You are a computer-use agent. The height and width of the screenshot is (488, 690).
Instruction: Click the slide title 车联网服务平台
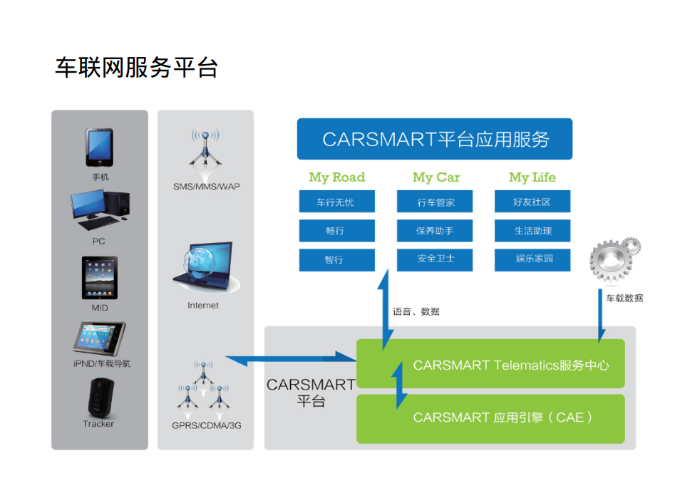click(x=136, y=68)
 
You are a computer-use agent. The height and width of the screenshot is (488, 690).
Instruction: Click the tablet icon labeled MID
click(x=99, y=278)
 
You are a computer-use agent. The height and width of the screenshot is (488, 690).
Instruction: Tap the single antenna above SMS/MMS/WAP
click(x=205, y=153)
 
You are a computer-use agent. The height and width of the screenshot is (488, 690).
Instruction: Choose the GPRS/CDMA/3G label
click(x=207, y=425)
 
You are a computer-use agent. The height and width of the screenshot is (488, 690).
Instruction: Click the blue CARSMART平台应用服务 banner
click(x=435, y=139)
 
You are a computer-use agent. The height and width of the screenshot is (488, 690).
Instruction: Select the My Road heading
click(x=336, y=177)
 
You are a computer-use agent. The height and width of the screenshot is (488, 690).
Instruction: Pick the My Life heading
click(x=532, y=177)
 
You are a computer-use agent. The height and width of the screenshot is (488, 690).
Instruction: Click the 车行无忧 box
click(x=336, y=202)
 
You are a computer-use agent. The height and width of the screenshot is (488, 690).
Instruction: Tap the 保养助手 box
click(x=435, y=231)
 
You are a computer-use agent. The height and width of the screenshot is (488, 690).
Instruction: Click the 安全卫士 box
click(x=435, y=259)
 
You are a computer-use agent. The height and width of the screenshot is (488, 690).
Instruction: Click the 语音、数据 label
click(x=416, y=311)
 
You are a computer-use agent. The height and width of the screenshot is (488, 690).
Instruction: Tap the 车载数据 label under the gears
click(x=624, y=298)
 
